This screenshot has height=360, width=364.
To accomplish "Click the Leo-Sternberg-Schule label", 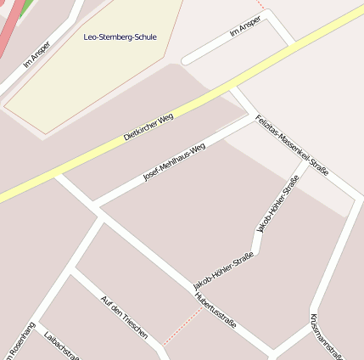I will tap(120, 37).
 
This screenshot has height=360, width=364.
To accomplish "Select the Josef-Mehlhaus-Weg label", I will tap(174, 161).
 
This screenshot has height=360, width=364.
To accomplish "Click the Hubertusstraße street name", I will tap(216, 311).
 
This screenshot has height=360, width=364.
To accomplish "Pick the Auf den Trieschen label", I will tap(125, 318).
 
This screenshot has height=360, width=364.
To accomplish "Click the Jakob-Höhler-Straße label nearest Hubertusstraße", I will tap(223, 268).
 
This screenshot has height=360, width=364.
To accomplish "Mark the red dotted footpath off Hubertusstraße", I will tap(182, 326).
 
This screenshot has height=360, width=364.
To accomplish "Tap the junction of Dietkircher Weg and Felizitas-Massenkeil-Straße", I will tap(234, 87).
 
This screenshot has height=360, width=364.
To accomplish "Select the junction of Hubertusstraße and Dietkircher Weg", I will tap(58, 175).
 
